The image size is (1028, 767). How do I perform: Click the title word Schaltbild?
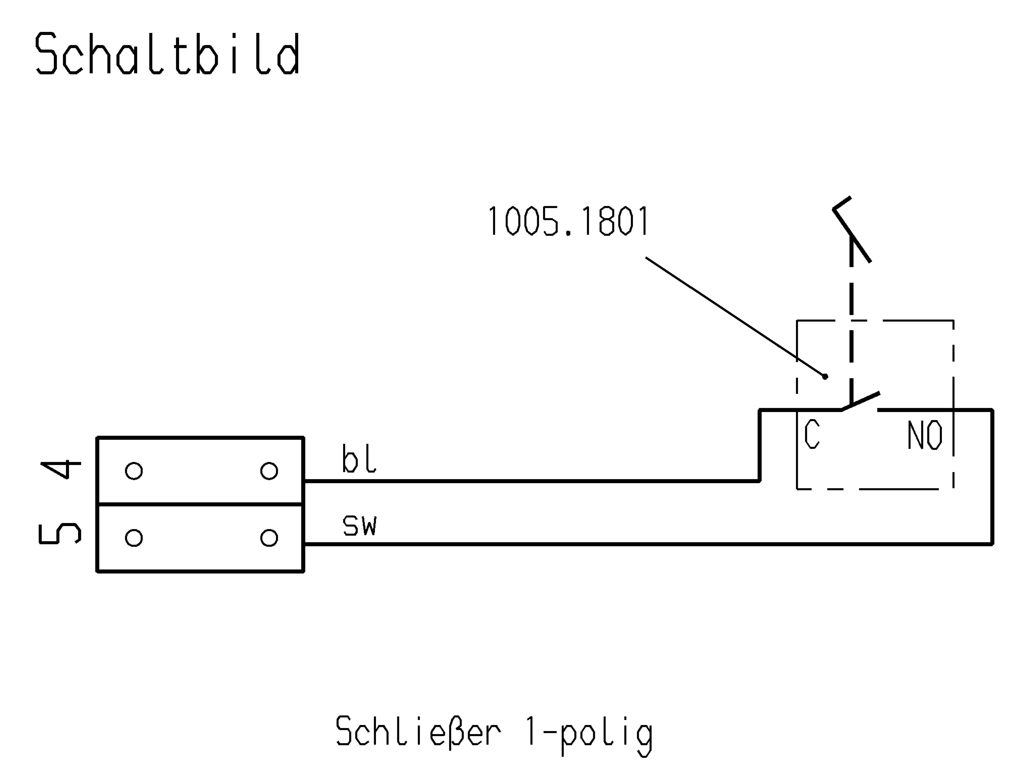[x=167, y=54]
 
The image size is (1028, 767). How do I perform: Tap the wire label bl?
[x=359, y=459]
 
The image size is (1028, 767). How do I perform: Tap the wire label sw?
[x=360, y=526]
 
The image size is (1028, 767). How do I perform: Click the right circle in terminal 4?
[x=269, y=471]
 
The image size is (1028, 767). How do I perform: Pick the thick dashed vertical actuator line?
[x=851, y=325]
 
